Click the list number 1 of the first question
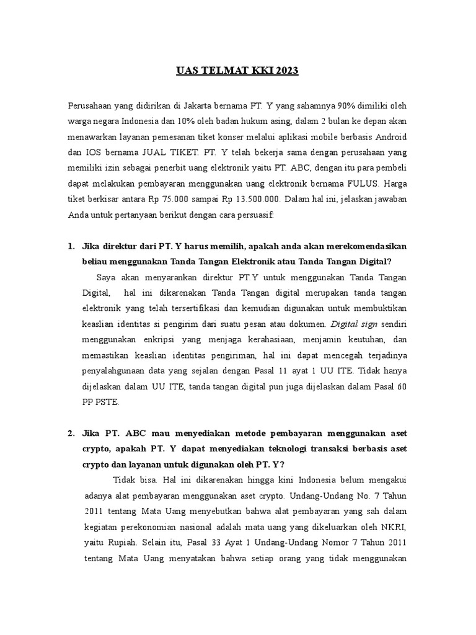coord(71,247)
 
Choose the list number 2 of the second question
coord(71,433)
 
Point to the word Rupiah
coord(118,542)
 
